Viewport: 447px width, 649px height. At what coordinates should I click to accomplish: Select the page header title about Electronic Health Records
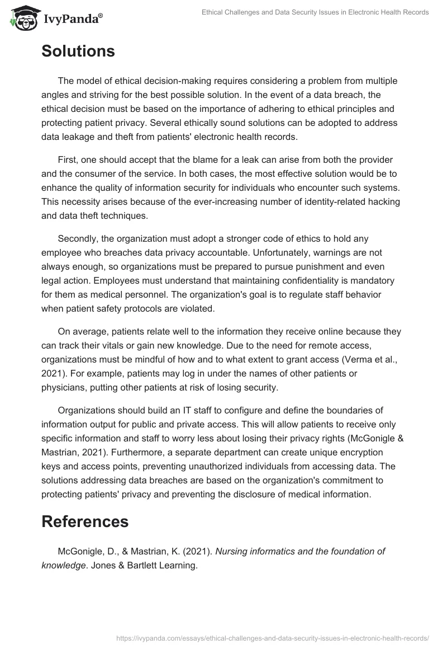[x=315, y=12]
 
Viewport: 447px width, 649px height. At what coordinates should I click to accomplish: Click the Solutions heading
[x=78, y=51]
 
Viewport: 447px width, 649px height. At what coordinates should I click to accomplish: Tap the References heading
[x=85, y=521]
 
